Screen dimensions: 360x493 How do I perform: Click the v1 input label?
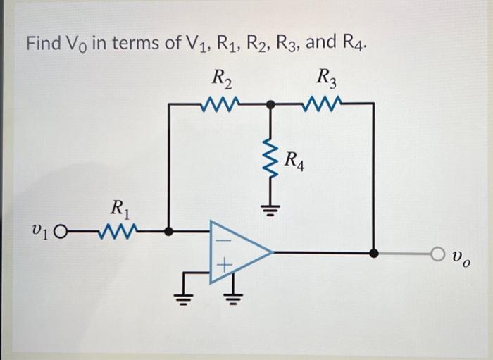39,230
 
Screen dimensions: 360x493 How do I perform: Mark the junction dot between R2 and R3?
270,104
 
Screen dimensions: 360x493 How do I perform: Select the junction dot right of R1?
168,230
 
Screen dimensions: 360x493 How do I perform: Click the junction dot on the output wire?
374,252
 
